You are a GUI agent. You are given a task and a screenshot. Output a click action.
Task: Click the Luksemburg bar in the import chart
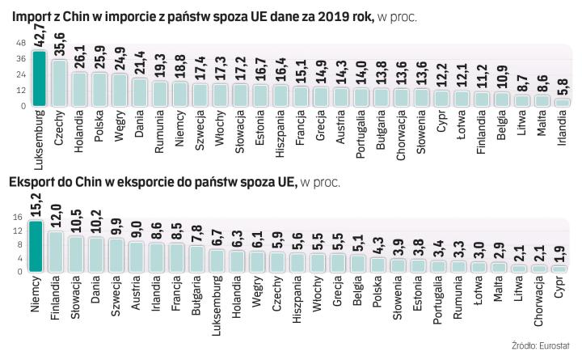pos(38,78)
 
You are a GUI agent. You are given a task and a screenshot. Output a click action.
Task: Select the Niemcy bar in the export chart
pos(38,246)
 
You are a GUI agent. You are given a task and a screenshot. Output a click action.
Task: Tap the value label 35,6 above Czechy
pos(58,46)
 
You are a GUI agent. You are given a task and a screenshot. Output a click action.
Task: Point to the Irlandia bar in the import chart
pos(562,102)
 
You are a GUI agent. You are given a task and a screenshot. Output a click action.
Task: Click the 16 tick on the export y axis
pos(19,216)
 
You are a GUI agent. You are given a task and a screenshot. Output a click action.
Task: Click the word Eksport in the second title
pos(30,184)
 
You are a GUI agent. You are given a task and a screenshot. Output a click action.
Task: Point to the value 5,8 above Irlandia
pos(562,87)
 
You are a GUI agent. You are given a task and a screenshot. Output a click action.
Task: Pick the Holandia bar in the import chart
pos(78,89)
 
